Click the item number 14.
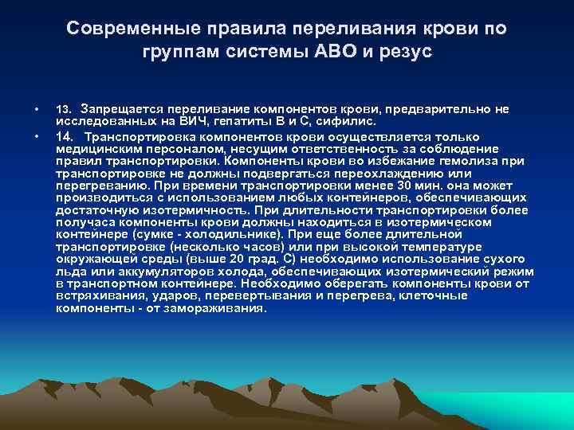pos(65,136)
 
